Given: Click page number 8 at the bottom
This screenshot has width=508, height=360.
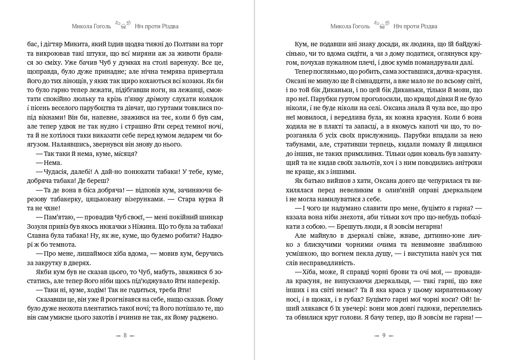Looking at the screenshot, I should click(x=125, y=335).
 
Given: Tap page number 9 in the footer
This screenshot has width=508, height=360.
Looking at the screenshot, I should click(x=383, y=335).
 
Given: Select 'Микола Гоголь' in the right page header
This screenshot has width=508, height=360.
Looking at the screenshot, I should click(x=350, y=26).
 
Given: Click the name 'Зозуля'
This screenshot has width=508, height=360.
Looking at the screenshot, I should click(x=40, y=227).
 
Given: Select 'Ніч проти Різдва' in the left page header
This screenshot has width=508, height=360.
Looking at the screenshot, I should click(x=156, y=26).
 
